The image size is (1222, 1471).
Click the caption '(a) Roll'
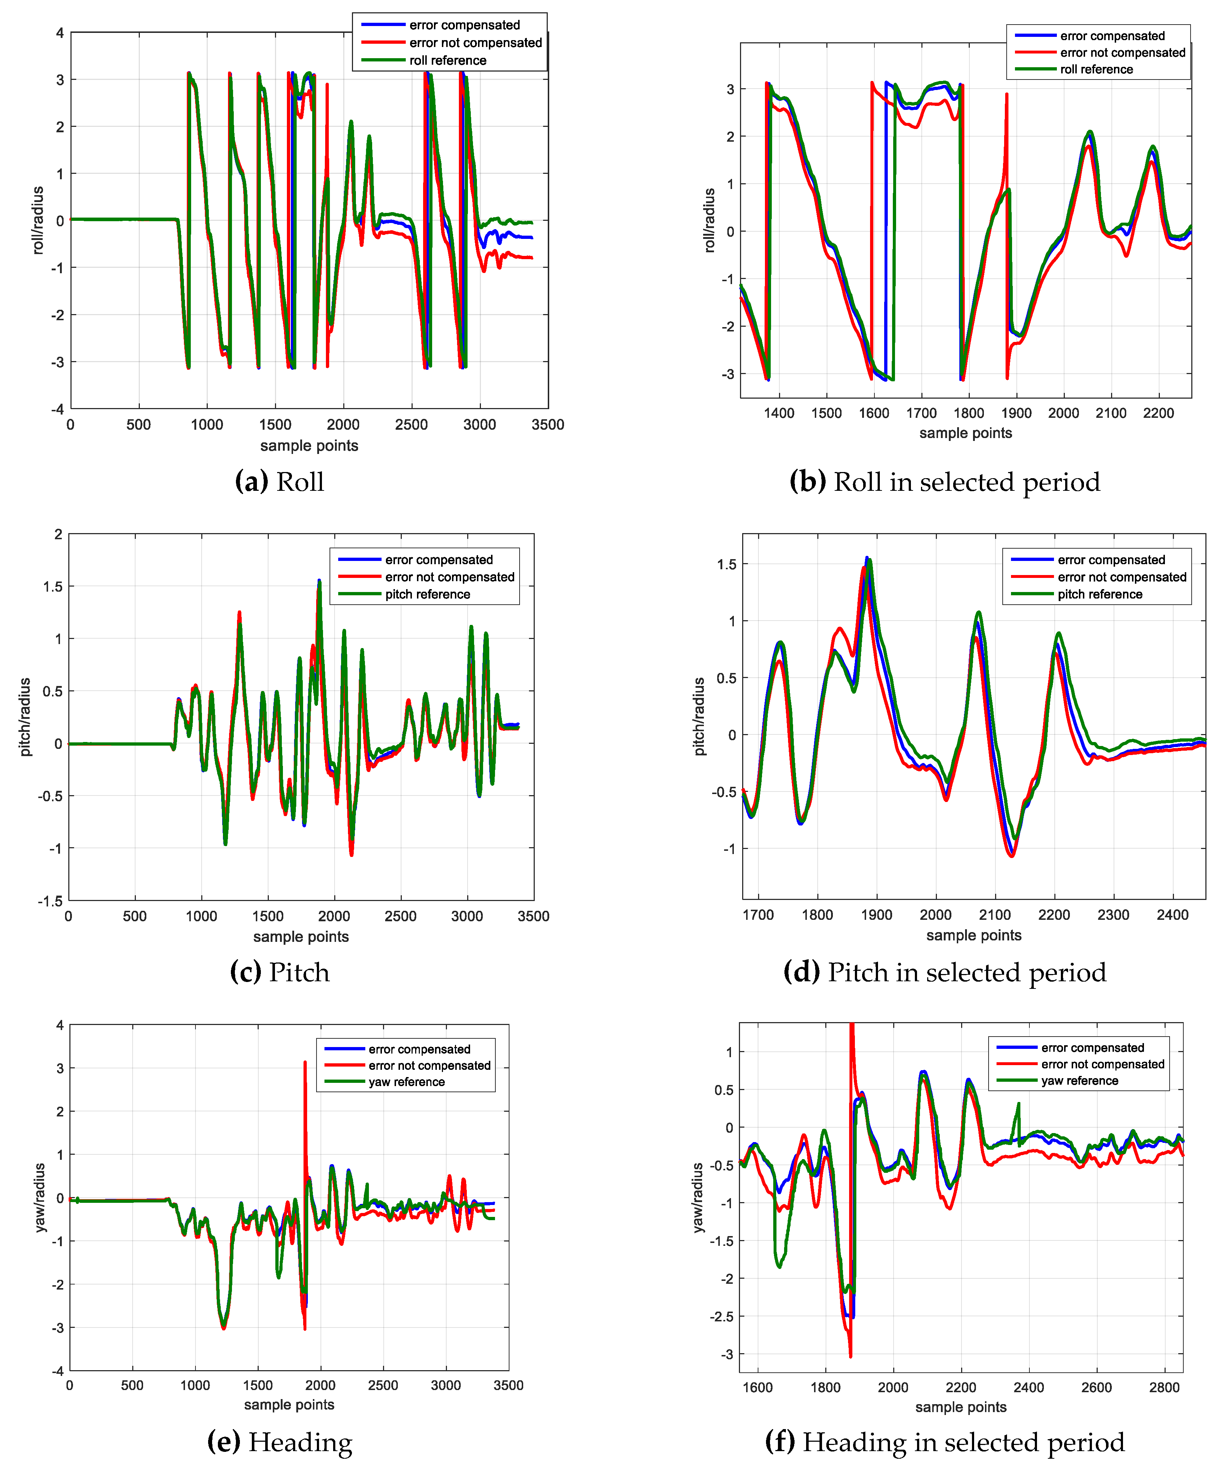pos(279,482)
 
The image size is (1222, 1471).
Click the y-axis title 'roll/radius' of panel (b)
pos(709,220)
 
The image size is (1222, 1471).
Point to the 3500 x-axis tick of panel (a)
pos(548,424)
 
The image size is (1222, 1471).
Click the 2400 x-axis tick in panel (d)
pos(1172,915)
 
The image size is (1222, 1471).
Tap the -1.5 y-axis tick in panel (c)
pos(51,901)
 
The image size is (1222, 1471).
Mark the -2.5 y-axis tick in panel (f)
pos(721,1316)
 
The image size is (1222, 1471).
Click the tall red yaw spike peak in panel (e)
pos(305,1063)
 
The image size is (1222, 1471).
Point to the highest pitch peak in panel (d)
pos(867,558)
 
